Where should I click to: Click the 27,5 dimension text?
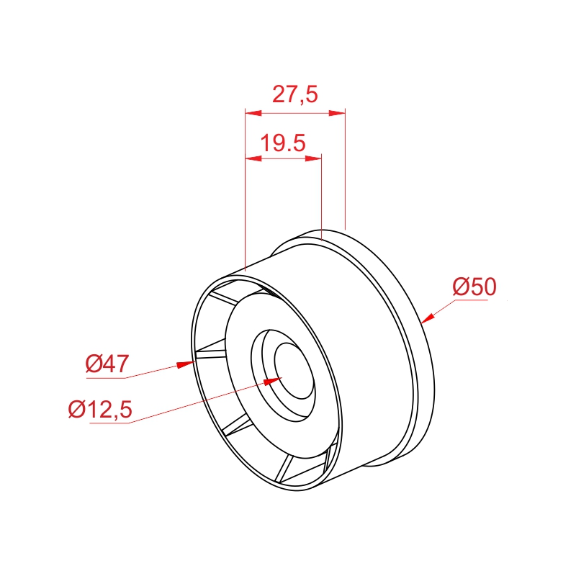[x=295, y=94]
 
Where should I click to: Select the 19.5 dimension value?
[x=283, y=143]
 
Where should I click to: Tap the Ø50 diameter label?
[x=474, y=287]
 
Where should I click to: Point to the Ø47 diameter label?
[x=107, y=364]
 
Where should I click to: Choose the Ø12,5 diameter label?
[x=100, y=409]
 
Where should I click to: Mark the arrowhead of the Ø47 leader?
[x=185, y=364]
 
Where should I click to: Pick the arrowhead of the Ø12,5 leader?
[x=273, y=381]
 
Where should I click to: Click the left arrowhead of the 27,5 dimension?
[x=253, y=113]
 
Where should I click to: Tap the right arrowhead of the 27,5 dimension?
[x=337, y=113]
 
